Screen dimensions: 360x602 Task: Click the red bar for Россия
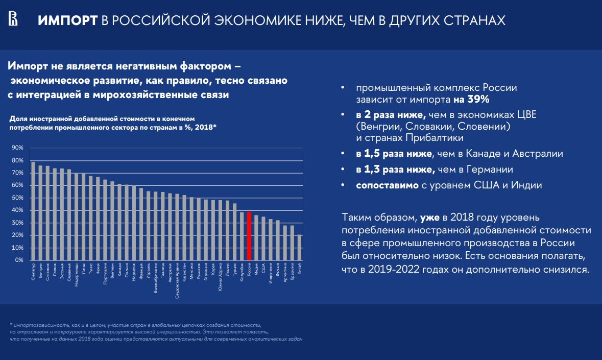point(249,236)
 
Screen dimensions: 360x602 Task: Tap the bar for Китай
point(300,247)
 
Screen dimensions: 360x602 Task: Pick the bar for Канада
point(119,222)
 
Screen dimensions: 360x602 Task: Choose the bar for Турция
point(235,232)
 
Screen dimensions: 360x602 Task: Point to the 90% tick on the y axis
point(17,148)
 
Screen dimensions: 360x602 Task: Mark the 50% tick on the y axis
point(17,198)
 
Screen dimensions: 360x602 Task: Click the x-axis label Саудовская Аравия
point(177,278)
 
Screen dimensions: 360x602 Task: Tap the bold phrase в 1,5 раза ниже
point(394,154)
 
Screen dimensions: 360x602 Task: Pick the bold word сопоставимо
point(387,185)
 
